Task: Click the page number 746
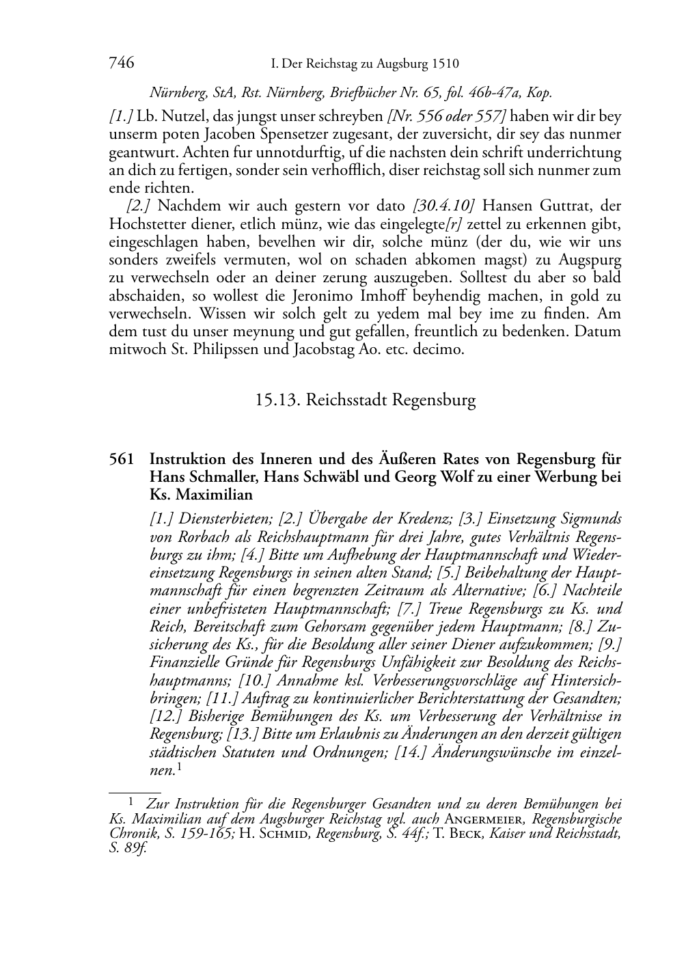coord(121,64)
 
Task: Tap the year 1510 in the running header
coord(445,64)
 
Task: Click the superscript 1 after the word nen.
coord(179,767)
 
